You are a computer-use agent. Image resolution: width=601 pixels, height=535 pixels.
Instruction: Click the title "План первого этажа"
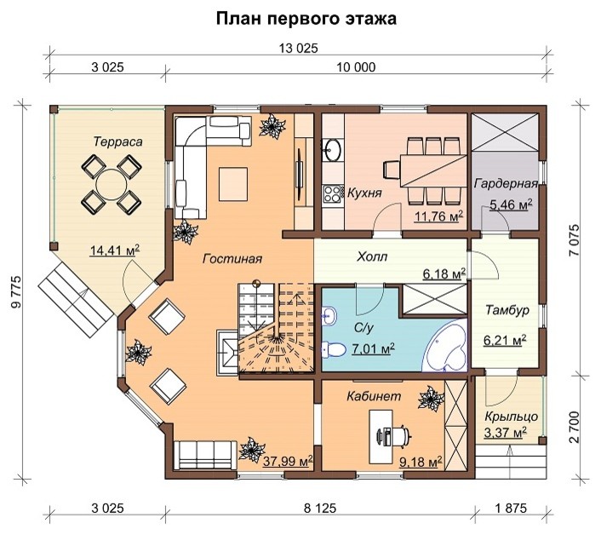[x=305, y=18]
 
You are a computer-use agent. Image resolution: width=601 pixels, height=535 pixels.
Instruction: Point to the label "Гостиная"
[x=232, y=258]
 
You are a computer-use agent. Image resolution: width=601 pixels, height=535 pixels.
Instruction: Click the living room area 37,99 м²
[x=287, y=462]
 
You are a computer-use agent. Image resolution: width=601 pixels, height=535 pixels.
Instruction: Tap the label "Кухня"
[x=363, y=193]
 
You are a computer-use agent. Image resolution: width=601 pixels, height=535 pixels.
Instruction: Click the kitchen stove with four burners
[x=330, y=193]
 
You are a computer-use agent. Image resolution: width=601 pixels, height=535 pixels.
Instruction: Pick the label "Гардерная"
[x=505, y=183]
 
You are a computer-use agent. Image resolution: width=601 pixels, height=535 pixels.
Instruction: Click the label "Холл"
[x=372, y=254]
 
